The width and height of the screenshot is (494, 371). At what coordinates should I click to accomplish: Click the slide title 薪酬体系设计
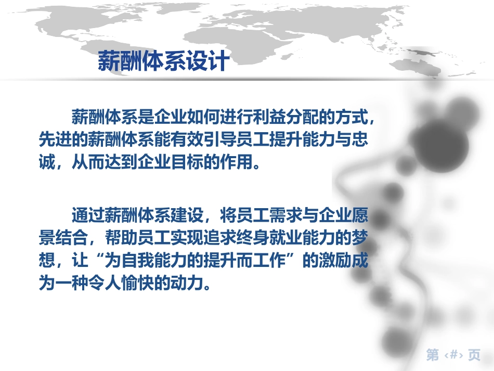(163, 61)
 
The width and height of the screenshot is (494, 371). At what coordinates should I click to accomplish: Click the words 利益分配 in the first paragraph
(285, 117)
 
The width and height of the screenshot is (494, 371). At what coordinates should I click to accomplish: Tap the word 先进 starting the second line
(55, 139)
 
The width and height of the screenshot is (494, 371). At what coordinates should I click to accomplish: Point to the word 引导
(219, 139)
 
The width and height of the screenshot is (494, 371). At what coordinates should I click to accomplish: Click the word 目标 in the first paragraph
(187, 162)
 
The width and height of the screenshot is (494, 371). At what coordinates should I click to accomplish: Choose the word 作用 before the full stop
(236, 162)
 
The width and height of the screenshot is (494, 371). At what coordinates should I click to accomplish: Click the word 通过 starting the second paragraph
(88, 215)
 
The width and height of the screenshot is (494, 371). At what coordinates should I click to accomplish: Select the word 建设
(187, 215)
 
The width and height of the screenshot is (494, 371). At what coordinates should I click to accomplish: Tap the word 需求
(285, 215)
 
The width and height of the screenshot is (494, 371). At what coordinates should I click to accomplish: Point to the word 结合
(72, 238)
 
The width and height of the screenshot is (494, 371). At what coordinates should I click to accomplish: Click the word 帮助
(121, 238)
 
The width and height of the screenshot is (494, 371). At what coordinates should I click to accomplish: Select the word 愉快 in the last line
(137, 283)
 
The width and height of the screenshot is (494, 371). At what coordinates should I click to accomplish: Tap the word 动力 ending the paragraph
(187, 283)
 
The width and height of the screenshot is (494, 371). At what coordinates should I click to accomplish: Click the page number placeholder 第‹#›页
(453, 355)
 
